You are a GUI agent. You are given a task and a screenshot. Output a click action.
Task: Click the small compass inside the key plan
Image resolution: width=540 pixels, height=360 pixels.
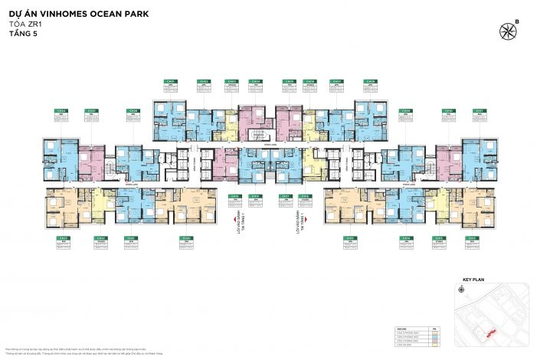coord(463,291)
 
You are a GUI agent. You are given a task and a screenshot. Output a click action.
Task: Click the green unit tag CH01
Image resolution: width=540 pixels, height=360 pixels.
coord(172,81)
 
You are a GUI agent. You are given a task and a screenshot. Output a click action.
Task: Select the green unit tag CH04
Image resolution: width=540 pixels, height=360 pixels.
coord(256,81)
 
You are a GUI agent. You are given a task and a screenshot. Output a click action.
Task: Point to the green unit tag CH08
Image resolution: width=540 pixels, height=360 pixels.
coord(371,81)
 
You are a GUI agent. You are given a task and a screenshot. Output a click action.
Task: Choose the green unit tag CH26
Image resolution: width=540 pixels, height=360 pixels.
coord(134,111)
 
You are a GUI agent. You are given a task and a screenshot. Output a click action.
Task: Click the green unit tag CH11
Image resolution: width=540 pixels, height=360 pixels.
coord(480,111)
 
